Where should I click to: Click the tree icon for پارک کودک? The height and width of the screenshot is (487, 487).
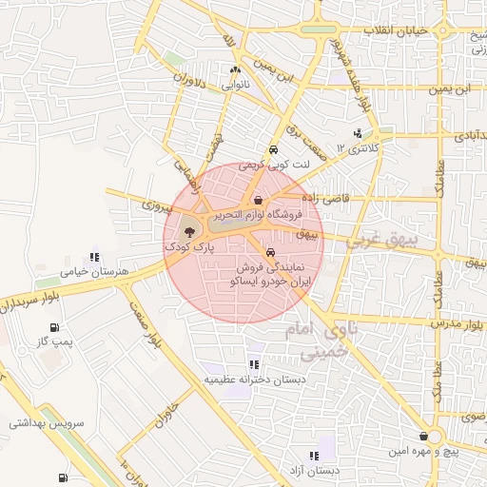click(188, 231)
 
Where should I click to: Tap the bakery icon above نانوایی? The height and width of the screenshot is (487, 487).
click(235, 70)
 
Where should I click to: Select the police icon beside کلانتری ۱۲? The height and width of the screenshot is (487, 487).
click(358, 133)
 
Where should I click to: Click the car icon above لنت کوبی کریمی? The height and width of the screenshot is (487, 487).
click(273, 150)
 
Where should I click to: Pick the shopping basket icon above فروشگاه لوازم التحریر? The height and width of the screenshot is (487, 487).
click(259, 200)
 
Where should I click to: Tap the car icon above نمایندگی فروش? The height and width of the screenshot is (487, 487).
click(272, 253)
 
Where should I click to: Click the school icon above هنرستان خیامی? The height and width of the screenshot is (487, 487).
click(93, 257)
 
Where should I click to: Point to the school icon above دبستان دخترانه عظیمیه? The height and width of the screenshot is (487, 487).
click(253, 364)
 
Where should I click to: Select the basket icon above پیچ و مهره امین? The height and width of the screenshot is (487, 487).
click(436, 436)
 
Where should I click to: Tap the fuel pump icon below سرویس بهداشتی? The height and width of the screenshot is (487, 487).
click(62, 477)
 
